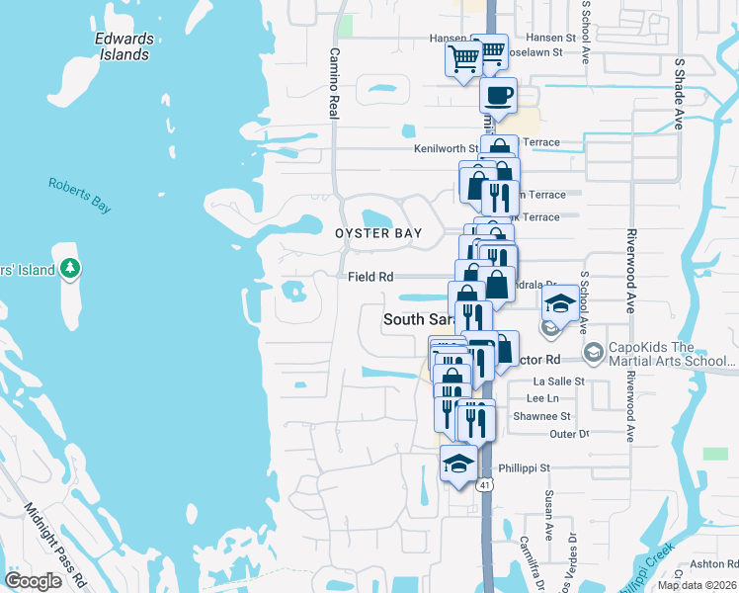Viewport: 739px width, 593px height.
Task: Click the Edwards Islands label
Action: [x=123, y=46]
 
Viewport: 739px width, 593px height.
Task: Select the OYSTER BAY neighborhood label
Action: [x=378, y=233]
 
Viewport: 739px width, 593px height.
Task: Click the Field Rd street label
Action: [x=370, y=277]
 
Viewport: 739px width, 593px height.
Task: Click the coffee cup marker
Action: [x=498, y=96]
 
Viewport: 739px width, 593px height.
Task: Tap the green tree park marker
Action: [x=69, y=268]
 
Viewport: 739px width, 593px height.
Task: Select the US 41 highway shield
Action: [x=484, y=485]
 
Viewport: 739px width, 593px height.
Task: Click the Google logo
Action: [x=33, y=581]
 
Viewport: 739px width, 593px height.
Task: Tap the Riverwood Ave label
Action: [x=630, y=272]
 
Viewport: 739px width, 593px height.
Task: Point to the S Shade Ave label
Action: [x=679, y=94]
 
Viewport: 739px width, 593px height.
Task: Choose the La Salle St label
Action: [x=559, y=381]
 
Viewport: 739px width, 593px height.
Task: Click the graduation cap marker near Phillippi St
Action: [x=458, y=463]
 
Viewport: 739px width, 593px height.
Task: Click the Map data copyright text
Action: [x=696, y=585]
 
